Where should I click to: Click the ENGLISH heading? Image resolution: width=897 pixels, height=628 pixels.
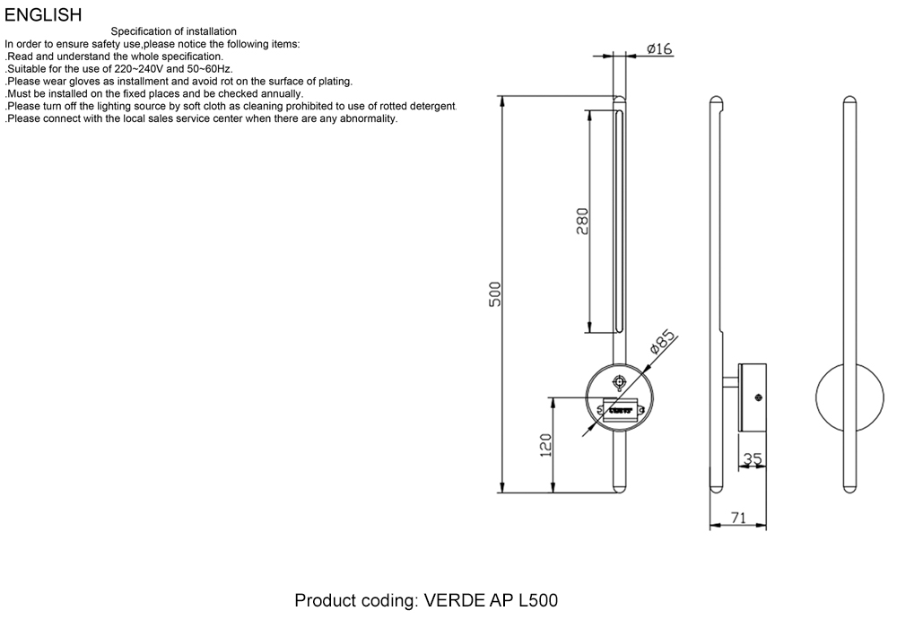pos(43,15)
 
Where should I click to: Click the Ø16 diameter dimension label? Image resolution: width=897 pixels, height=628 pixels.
pos(659,49)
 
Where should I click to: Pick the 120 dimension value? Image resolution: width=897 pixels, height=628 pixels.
pos(544,445)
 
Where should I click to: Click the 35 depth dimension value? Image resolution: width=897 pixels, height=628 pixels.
pos(753,459)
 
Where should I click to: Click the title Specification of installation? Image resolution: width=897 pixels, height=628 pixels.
pos(174,32)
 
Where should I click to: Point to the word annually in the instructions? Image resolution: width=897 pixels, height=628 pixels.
pos(277,93)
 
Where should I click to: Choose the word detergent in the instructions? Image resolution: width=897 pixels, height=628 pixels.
pos(427,106)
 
